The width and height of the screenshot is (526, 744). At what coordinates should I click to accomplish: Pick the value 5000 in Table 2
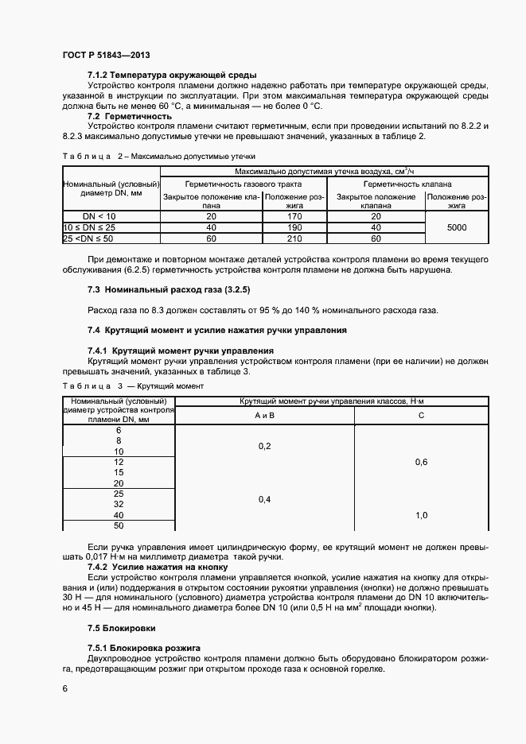[x=457, y=227]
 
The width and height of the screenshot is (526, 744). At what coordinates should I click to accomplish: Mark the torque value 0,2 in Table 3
[x=265, y=446]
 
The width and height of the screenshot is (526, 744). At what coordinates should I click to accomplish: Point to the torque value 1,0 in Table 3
[x=421, y=515]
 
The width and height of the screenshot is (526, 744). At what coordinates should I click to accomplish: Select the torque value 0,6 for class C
[x=421, y=462]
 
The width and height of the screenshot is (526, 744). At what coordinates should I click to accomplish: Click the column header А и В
[x=265, y=416]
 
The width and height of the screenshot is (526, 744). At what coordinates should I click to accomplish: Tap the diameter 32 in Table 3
[x=119, y=504]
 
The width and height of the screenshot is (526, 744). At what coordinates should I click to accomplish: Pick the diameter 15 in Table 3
[x=119, y=472]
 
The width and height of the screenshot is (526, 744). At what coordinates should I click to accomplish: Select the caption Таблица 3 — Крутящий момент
[x=133, y=386]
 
